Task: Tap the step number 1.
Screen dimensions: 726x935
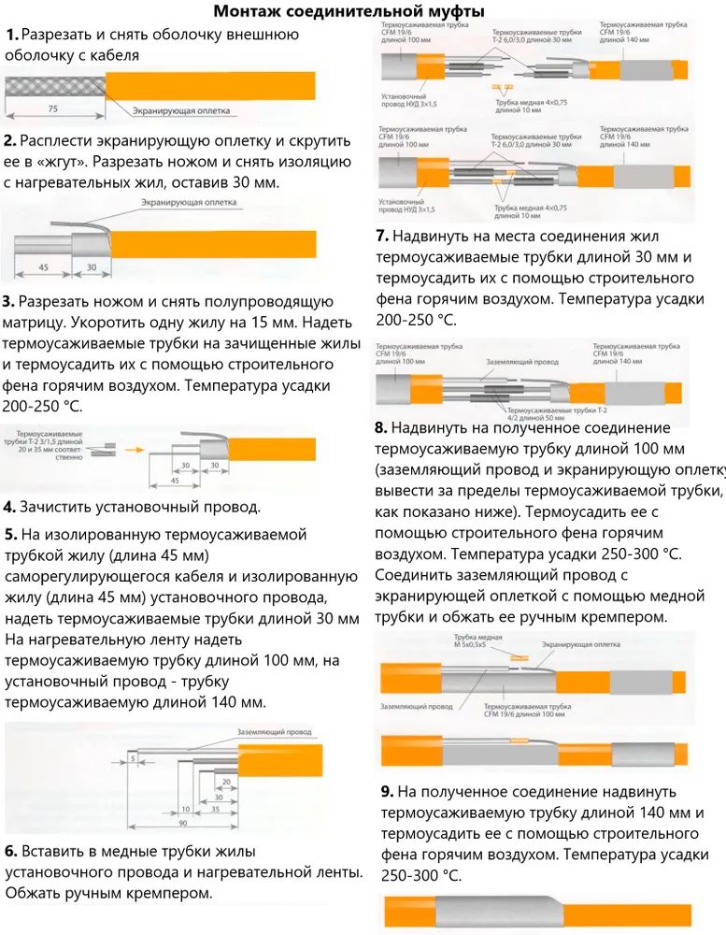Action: [x=11, y=35]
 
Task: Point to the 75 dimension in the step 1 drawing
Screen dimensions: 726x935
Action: [x=52, y=109]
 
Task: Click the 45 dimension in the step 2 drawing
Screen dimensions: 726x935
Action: [x=44, y=266]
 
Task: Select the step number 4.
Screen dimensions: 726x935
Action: [x=9, y=508]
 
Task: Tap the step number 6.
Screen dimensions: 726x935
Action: [x=10, y=851]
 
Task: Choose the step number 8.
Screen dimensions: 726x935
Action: [x=380, y=428]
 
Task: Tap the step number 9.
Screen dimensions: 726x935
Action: [x=388, y=791]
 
